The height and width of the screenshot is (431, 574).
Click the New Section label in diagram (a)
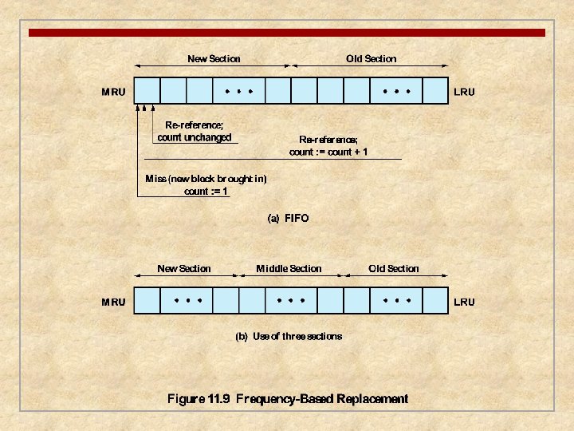[214, 58]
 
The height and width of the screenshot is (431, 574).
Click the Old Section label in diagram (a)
[371, 58]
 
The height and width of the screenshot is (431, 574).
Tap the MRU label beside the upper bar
[113, 92]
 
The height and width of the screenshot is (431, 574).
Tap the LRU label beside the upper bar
[464, 92]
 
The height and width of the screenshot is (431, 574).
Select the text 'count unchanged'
[195, 137]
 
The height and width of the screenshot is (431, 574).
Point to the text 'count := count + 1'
[328, 152]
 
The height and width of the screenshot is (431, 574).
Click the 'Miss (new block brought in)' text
[206, 178]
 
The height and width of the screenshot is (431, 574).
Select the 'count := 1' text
[206, 191]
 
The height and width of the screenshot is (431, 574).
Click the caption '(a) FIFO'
[288, 218]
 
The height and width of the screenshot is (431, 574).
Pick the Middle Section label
[289, 269]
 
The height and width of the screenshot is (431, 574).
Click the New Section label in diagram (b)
[184, 269]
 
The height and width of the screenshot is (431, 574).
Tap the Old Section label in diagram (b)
[393, 269]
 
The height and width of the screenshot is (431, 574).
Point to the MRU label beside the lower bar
[113, 302]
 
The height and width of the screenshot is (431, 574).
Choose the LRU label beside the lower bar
[464, 302]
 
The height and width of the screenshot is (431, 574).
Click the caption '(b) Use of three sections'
[289, 336]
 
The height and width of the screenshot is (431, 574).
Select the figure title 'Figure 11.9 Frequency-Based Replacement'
[288, 399]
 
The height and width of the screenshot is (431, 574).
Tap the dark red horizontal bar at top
[287, 33]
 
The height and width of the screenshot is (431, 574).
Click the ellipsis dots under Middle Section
[289, 301]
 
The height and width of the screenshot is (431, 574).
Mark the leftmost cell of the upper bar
[148, 90]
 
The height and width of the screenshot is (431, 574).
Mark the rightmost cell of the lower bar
[435, 300]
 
